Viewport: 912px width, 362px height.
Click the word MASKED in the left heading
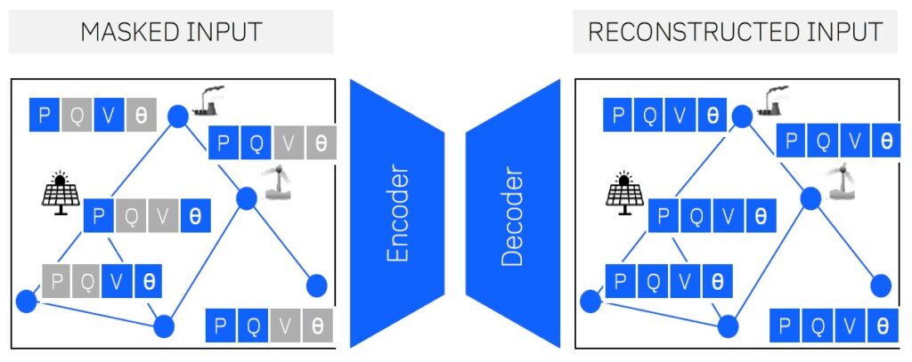pyautogui.click(x=130, y=32)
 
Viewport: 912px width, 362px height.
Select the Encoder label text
pyautogui.click(x=397, y=214)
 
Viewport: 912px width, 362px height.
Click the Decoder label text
pyautogui.click(x=511, y=214)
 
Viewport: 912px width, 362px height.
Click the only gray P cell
pyautogui.click(x=56, y=282)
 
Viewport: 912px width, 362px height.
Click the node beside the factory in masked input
pyautogui.click(x=178, y=115)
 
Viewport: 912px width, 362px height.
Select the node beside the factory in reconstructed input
pyautogui.click(x=741, y=115)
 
